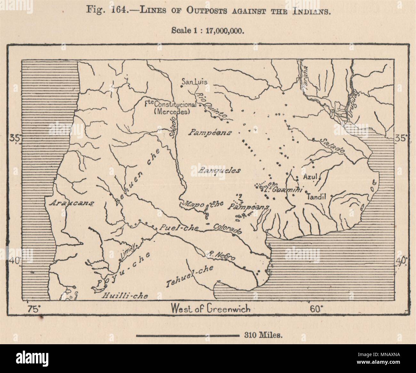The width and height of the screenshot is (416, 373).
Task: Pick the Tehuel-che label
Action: coord(190,276)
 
